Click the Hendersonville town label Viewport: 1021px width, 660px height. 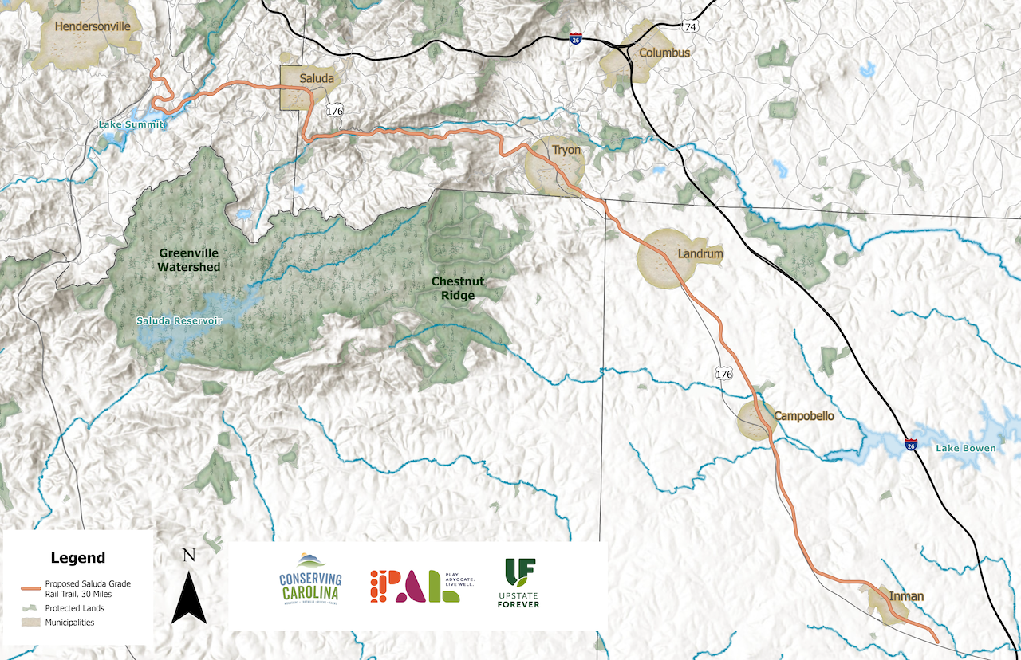pyautogui.click(x=93, y=26)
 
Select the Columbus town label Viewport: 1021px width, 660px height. pyautogui.click(x=664, y=53)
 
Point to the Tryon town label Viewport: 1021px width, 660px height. pyautogui.click(x=566, y=150)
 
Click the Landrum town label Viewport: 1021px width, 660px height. pyautogui.click(x=700, y=254)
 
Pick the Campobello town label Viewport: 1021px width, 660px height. pyautogui.click(x=804, y=416)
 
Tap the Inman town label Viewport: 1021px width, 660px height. pyautogui.click(x=907, y=596)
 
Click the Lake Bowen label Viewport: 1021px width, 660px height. pyautogui.click(x=965, y=448)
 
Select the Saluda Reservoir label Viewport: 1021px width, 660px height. pyautogui.click(x=178, y=320)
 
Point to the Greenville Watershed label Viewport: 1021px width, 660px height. pyautogui.click(x=188, y=260)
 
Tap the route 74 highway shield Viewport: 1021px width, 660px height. pyautogui.click(x=690, y=27)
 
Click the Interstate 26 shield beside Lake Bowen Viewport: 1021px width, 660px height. pyautogui.click(x=910, y=444)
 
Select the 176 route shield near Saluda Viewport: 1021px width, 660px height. pyautogui.click(x=334, y=111)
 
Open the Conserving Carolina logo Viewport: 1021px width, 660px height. pyautogui.click(x=309, y=578)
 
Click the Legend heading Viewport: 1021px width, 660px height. pyautogui.click(x=77, y=558)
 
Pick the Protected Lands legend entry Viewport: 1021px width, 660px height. pyautogui.click(x=74, y=608)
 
